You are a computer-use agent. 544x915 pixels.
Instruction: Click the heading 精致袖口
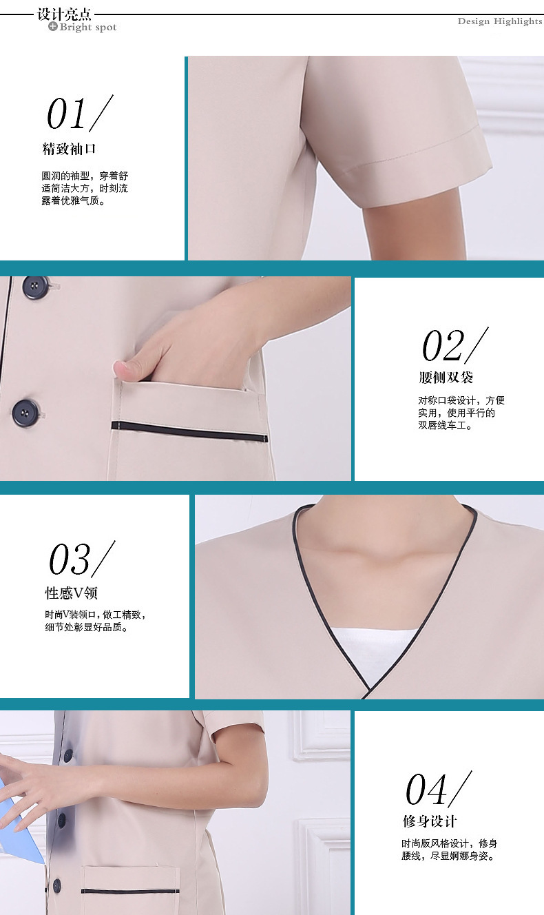click(x=69, y=149)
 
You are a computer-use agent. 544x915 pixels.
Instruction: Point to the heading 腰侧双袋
click(x=446, y=377)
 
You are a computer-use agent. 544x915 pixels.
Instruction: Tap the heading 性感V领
click(x=72, y=593)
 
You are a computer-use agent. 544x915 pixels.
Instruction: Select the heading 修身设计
click(x=429, y=821)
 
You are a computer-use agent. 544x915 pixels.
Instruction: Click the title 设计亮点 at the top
click(x=64, y=14)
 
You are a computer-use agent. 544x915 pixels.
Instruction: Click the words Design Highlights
click(x=500, y=21)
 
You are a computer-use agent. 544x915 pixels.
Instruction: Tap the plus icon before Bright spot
click(x=52, y=27)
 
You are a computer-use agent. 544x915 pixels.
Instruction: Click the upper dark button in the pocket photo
click(x=34, y=287)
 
